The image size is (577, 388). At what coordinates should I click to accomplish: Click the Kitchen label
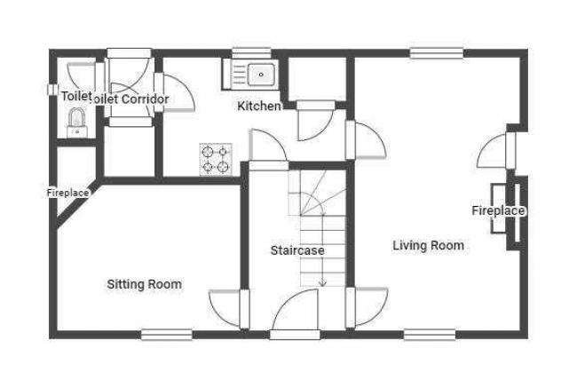pos(259,107)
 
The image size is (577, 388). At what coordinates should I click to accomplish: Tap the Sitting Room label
pos(144,284)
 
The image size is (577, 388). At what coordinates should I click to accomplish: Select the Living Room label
pos(428,245)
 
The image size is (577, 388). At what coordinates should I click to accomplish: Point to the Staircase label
pos(297,250)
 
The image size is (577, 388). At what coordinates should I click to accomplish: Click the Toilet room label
pos(76,96)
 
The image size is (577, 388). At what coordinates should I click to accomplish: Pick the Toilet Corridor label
pos(131,99)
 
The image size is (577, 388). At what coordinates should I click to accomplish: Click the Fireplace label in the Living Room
pos(498,210)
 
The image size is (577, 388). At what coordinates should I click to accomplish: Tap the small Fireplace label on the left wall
pos(67,192)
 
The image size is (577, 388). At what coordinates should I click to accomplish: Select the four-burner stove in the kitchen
pos(217,158)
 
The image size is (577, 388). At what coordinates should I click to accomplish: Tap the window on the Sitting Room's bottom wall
pos(166,334)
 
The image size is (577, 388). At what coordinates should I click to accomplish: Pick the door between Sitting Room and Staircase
pos(227,307)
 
